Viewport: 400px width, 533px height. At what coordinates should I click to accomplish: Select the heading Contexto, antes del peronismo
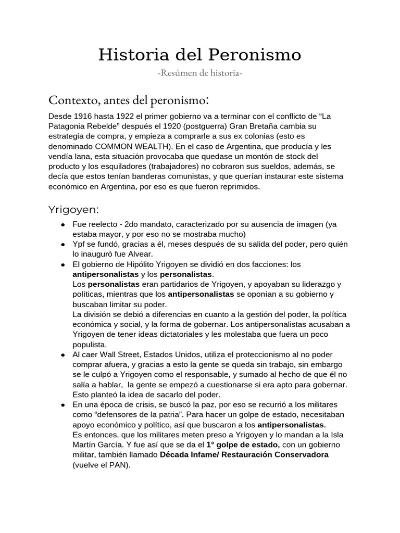point(129,99)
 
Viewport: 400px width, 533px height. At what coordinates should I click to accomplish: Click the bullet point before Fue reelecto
point(63,225)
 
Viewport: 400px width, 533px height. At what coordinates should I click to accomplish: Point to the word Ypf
point(79,245)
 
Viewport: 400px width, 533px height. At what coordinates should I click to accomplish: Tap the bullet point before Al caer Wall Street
point(63,354)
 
